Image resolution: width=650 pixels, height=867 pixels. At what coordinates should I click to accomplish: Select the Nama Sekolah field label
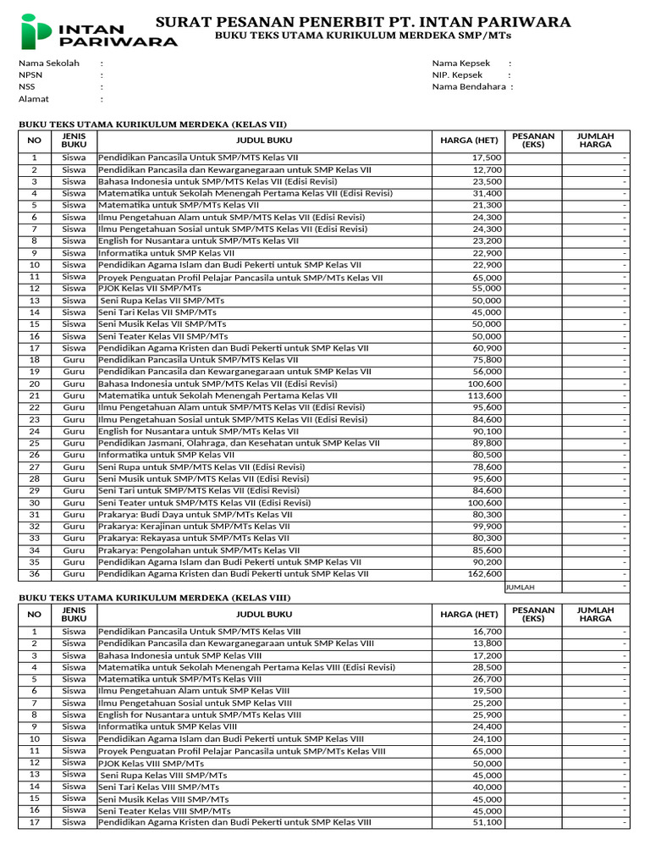[x=49, y=64]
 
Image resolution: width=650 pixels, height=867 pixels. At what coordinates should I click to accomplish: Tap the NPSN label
[x=30, y=75]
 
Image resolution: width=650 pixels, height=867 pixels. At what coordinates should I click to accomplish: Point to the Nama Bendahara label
[x=469, y=86]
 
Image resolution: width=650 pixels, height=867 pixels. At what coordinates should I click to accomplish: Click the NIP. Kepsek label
[x=457, y=75]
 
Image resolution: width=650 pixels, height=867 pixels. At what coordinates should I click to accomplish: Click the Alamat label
[x=34, y=99]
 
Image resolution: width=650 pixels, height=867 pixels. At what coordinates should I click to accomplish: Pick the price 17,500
[x=487, y=157]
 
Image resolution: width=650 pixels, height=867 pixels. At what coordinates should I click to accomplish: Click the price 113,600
[x=484, y=395]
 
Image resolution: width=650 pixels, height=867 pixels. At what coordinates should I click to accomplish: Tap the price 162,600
[x=484, y=573]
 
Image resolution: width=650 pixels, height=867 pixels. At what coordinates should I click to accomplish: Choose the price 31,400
[x=487, y=193]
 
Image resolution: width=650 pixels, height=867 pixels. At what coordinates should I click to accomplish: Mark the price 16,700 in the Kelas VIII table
[x=487, y=632]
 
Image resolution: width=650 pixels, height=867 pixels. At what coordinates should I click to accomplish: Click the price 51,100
[x=487, y=821]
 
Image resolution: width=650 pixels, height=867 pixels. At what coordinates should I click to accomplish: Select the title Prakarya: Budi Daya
[x=196, y=514]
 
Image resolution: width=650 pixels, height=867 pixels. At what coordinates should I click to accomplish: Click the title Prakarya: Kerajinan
[x=195, y=526]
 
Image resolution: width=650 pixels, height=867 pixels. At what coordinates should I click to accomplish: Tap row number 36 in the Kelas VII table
[x=35, y=573]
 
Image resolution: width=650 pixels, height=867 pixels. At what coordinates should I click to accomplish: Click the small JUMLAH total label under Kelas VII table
[x=521, y=587]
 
